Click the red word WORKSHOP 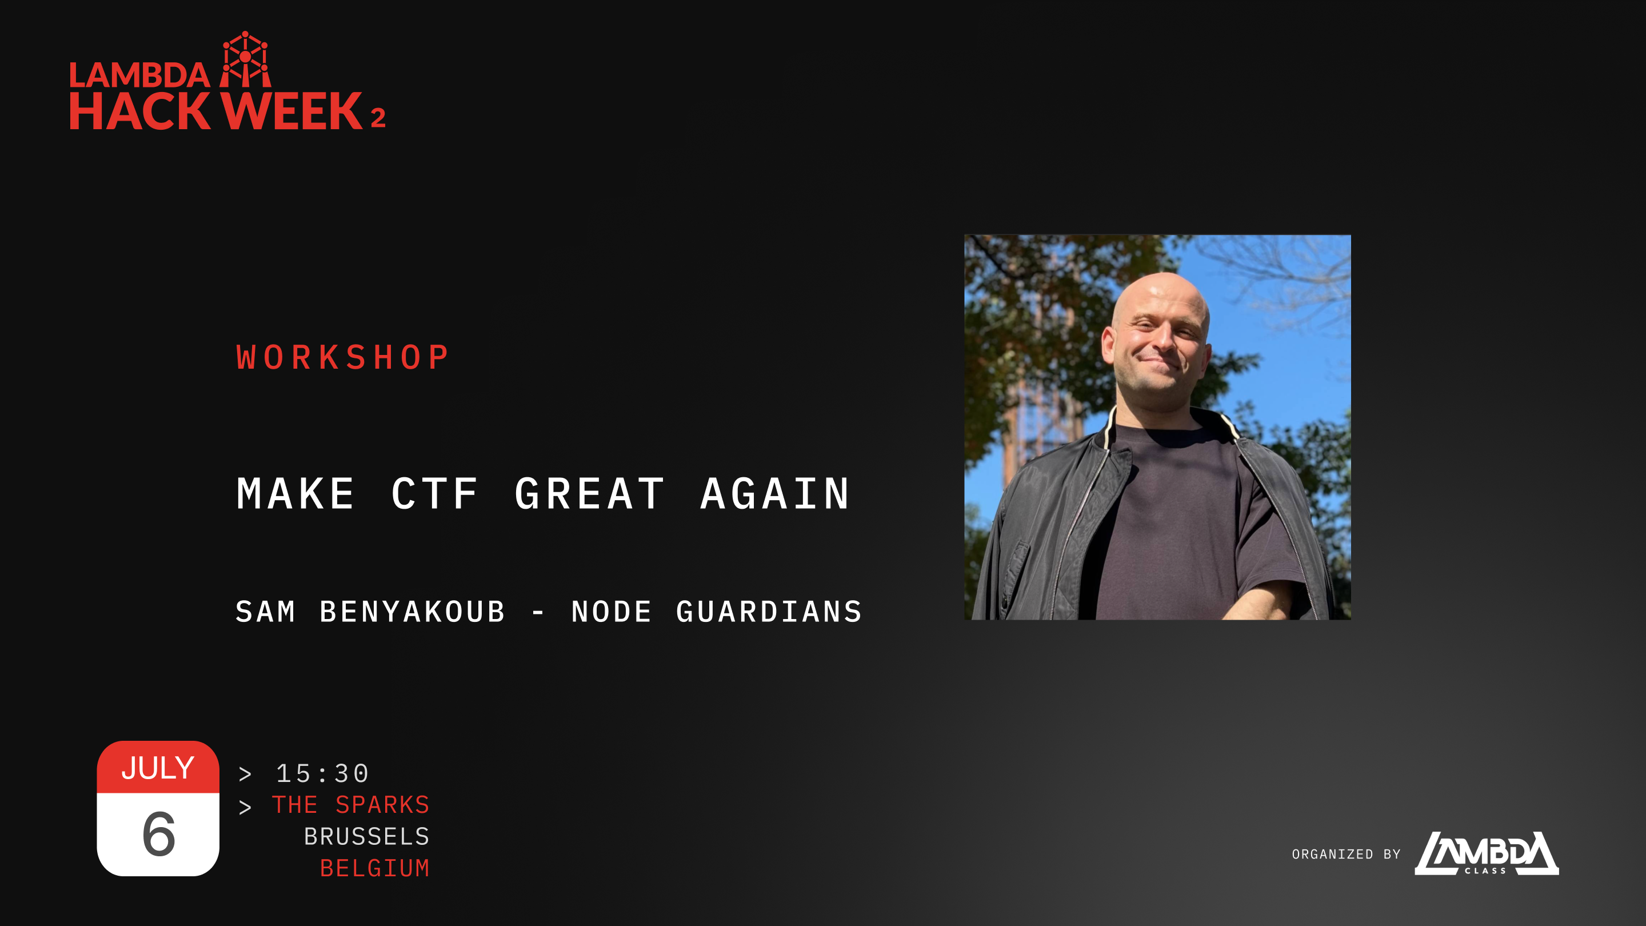coord(342,357)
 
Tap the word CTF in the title coord(434,493)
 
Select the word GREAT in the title coord(589,493)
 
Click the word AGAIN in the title coord(775,493)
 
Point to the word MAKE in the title coord(295,493)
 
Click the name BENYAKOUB coord(412,612)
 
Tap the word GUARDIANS coord(769,612)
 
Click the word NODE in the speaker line coord(612,612)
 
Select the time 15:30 coord(323,773)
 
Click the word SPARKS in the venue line coord(383,805)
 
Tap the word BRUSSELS coord(367,836)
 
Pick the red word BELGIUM coord(375,868)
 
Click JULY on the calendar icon coord(158,768)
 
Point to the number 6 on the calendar coord(158,833)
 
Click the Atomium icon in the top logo coord(245,59)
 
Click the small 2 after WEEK coord(378,118)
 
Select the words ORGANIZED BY coord(1347,854)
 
